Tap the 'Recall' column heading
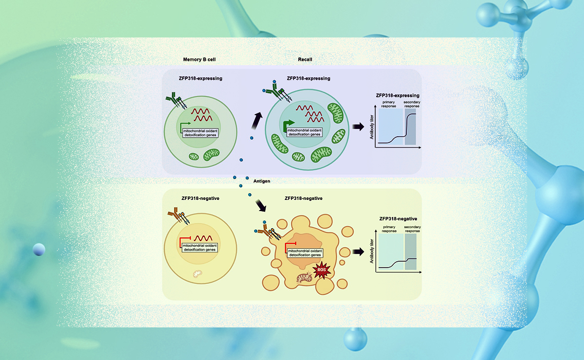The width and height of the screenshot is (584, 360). (305, 59)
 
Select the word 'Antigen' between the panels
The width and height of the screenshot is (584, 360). (261, 180)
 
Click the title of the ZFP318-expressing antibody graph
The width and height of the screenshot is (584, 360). (398, 96)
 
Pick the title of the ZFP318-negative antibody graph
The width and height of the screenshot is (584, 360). (398, 219)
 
